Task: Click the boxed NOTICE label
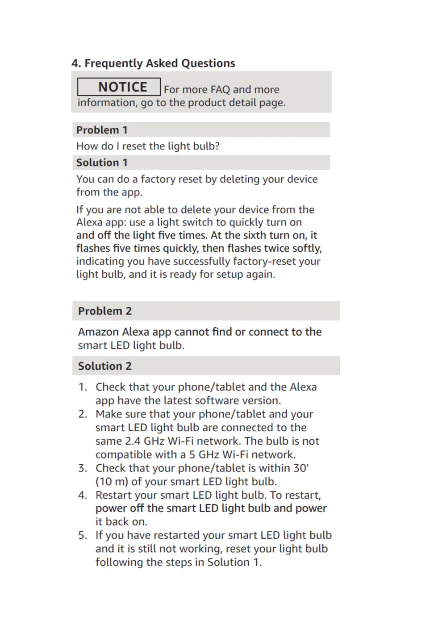click(119, 87)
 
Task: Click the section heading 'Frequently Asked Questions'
click(159, 63)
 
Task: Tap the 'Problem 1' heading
click(102, 130)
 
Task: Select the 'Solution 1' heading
click(102, 162)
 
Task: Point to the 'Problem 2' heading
click(105, 311)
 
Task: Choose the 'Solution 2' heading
click(105, 366)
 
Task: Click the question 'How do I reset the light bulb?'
click(148, 146)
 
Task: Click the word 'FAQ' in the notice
click(220, 90)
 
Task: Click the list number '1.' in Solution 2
click(83, 387)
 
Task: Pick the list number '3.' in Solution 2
click(83, 468)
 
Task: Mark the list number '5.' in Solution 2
click(83, 535)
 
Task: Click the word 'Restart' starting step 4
click(113, 495)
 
